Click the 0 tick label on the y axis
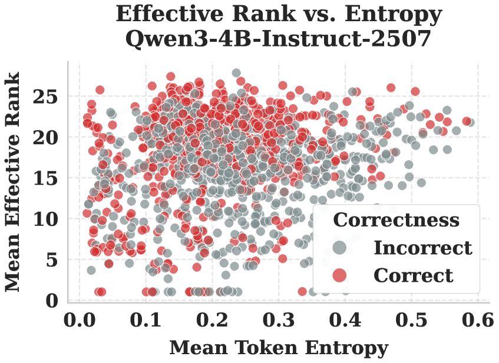point(52,301)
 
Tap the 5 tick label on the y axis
point(52,259)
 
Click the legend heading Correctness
point(396,220)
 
